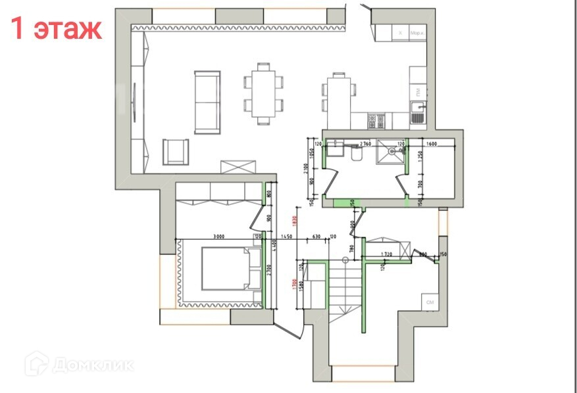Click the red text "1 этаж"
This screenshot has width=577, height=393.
point(56,28)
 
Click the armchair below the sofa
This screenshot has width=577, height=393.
point(176,152)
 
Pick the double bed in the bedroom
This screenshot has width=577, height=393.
point(225,268)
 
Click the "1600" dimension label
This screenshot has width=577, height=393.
point(432,143)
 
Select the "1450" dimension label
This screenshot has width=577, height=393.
point(286,237)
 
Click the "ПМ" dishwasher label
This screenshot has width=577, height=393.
point(416,90)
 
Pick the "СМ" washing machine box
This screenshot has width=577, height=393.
point(430,302)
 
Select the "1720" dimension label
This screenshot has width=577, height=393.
point(387,253)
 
